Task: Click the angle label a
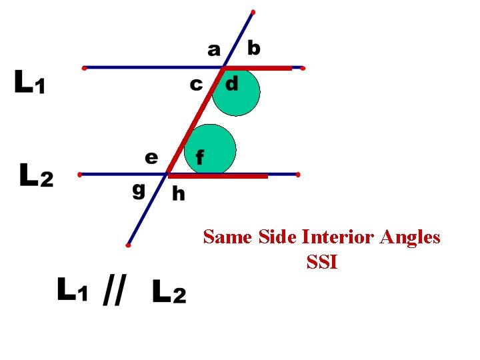tap(213, 49)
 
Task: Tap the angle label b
tap(254, 48)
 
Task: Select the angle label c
tap(195, 85)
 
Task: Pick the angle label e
tap(151, 157)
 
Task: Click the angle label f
tap(199, 157)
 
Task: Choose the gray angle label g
tap(138, 189)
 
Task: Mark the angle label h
tap(179, 193)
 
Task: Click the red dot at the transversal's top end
tap(253, 12)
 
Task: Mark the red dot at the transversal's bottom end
tap(128, 245)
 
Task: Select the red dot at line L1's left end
tap(83, 67)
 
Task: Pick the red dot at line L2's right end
tap(297, 175)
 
